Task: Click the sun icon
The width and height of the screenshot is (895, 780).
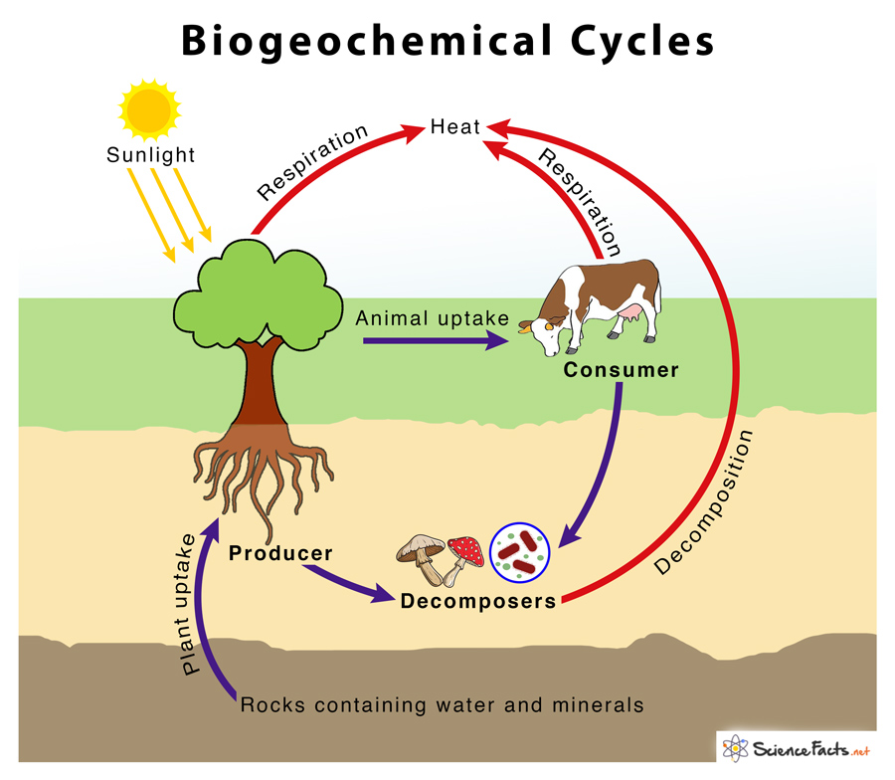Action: [149, 107]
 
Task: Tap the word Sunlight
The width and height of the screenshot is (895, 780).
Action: [151, 155]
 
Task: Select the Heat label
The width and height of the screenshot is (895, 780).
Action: [455, 126]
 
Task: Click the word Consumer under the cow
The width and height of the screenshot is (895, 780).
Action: [621, 370]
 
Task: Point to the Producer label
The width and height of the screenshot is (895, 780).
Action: [280, 552]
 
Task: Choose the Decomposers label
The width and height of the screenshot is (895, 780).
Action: [477, 602]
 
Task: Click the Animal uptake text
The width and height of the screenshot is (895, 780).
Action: [433, 318]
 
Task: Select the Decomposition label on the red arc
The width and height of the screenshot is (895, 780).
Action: [707, 503]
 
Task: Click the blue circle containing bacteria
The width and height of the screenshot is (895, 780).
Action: [521, 551]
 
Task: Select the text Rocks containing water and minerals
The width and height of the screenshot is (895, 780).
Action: [442, 705]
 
